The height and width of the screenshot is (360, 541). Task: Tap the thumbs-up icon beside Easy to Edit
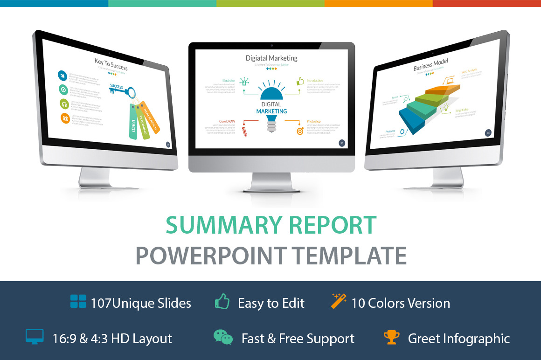(222, 302)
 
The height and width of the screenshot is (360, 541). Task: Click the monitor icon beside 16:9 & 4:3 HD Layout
(35, 337)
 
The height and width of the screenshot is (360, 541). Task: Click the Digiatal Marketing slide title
(271, 58)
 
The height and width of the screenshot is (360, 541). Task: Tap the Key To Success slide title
(111, 64)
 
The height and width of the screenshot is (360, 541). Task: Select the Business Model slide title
(430, 65)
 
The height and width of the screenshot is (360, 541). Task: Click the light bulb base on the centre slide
(271, 126)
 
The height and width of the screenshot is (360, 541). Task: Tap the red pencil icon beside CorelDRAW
(244, 131)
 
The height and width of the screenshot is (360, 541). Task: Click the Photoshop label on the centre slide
(313, 122)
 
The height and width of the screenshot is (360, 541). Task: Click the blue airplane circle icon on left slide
(62, 76)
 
